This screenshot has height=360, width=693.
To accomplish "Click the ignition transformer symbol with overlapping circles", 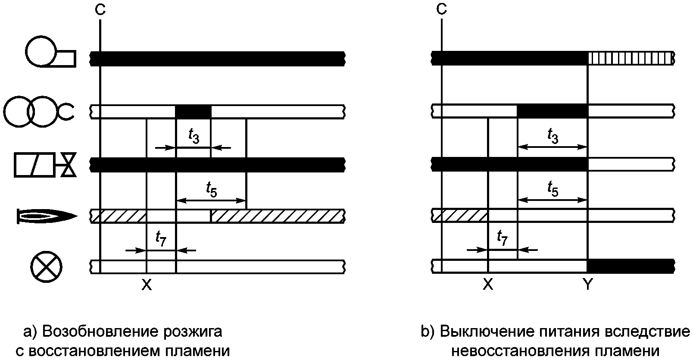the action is click(39, 111).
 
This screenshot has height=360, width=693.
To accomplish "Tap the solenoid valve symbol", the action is click(45, 165).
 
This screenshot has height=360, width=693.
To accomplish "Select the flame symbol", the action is click(47, 216).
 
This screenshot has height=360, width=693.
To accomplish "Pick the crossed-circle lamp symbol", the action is click(46, 266).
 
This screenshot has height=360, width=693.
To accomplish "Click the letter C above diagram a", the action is click(100, 9).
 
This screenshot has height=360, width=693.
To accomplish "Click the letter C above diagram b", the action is click(441, 9).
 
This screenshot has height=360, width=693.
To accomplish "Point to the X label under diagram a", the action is click(147, 285).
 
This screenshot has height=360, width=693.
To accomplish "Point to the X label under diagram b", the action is click(488, 284).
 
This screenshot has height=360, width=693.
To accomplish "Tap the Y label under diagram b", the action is click(587, 284).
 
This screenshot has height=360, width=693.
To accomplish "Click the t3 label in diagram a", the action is click(194, 136).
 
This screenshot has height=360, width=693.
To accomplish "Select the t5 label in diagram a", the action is click(212, 189).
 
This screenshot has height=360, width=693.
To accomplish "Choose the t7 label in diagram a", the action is click(161, 238).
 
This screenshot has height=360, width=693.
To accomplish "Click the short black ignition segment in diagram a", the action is click(194, 112).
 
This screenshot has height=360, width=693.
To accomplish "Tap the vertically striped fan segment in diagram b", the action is click(631, 58).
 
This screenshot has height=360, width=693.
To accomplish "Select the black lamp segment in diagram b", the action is click(631, 266).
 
